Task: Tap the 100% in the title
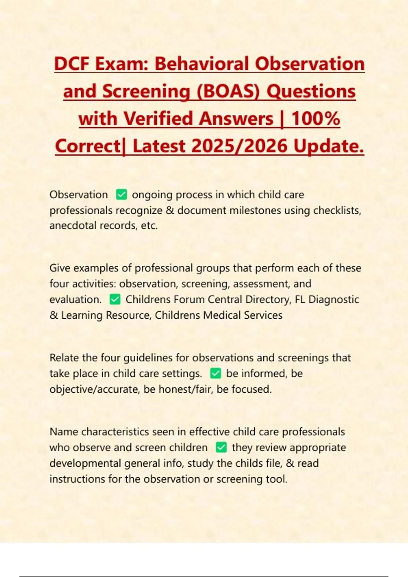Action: pos(316,118)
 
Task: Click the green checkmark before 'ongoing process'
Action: pos(121,195)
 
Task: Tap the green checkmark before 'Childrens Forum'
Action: pos(115,299)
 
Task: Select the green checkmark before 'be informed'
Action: pos(216,373)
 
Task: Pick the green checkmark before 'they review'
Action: pos(221,447)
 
